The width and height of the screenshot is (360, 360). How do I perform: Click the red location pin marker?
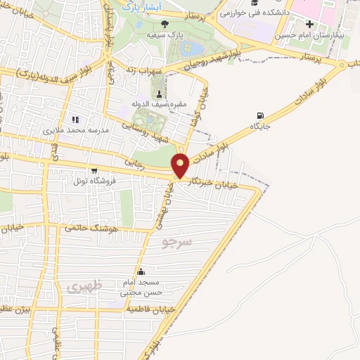[x=181, y=166]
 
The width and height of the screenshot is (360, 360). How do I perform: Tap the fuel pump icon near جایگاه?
[x=262, y=116]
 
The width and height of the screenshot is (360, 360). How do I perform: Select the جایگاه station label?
[x=261, y=127]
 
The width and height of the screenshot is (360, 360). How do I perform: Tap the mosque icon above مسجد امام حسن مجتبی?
[x=142, y=272]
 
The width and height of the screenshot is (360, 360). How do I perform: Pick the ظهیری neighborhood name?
[x=86, y=286]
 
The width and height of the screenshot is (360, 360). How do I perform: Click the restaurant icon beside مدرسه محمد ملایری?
[x=75, y=120]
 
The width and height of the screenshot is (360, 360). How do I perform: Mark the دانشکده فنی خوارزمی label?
[x=250, y=13]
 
